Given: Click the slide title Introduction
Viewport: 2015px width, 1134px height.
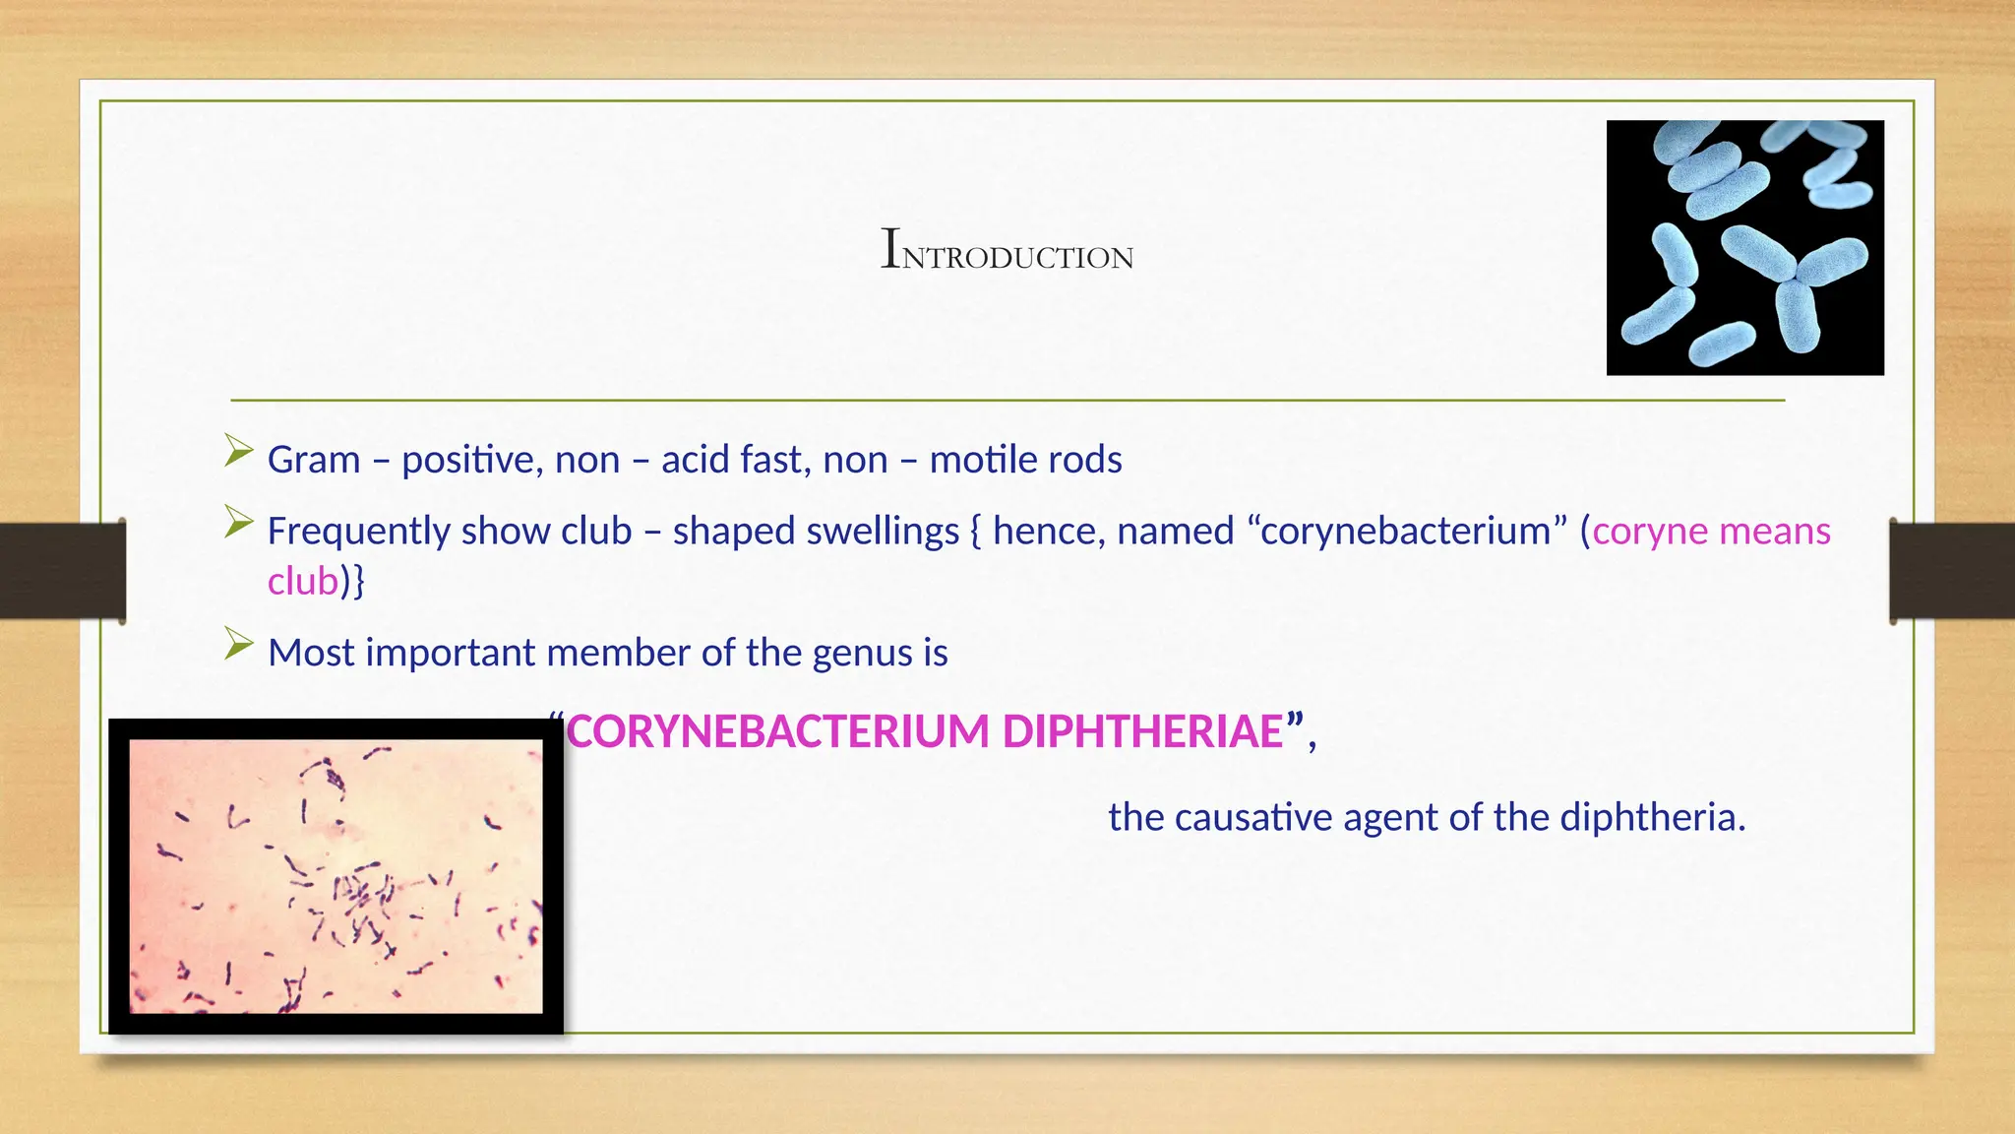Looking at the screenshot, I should click(x=1007, y=249).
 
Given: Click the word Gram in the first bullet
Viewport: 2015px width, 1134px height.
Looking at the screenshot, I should click(x=314, y=460).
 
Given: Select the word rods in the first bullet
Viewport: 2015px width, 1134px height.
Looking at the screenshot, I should click(x=1084, y=460).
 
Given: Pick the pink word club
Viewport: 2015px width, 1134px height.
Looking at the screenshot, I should click(x=303, y=582).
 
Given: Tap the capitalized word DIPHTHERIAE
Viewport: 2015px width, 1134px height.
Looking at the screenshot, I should click(x=1142, y=731).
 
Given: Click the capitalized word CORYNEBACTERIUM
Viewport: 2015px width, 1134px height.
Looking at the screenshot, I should click(x=778, y=731).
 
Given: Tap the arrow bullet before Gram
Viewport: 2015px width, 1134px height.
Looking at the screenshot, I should click(x=238, y=451).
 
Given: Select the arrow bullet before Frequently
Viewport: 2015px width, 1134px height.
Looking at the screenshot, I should click(x=238, y=522).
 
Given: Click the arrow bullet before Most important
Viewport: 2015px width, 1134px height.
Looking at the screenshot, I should click(x=238, y=644).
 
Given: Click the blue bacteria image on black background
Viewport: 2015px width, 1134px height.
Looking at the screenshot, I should click(x=1744, y=247).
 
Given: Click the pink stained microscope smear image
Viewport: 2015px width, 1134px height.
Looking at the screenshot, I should click(x=336, y=876).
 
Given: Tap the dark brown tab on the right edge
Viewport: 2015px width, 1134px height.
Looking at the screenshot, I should click(x=1952, y=571).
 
